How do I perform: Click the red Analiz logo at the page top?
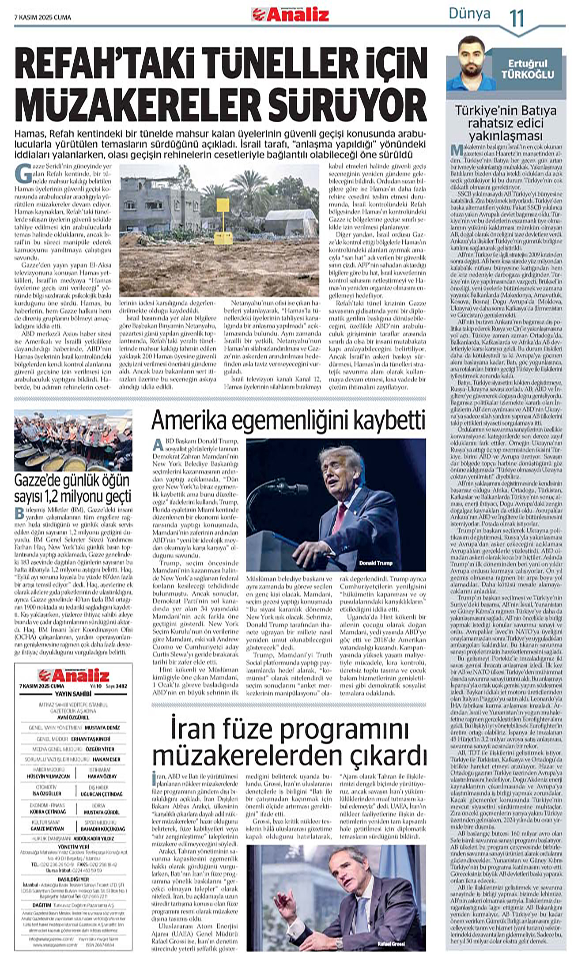(x=290, y=15)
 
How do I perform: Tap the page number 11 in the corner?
(x=516, y=18)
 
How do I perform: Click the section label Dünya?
(x=469, y=14)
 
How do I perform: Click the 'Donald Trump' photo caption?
(x=375, y=563)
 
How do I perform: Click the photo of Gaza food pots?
(x=73, y=441)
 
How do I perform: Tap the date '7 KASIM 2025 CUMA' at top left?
(x=42, y=18)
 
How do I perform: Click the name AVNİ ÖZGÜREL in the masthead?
(x=73, y=717)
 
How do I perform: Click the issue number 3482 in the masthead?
(x=120, y=686)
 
